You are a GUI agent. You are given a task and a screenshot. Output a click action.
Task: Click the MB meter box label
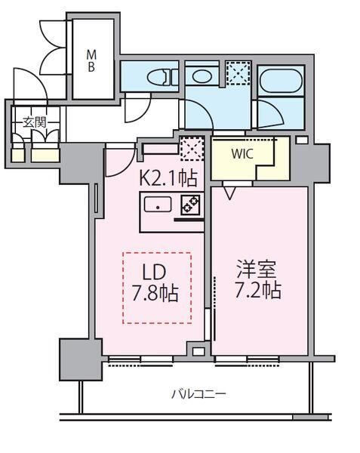point(91,60)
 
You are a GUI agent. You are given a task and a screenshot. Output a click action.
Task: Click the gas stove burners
point(189,204)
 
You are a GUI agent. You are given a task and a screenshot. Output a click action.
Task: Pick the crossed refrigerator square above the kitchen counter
point(191,149)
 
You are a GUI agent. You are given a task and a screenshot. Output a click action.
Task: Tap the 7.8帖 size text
point(157,293)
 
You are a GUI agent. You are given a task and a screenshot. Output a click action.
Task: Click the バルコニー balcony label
point(198,393)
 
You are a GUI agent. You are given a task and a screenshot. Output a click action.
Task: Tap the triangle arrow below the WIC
point(227,193)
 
